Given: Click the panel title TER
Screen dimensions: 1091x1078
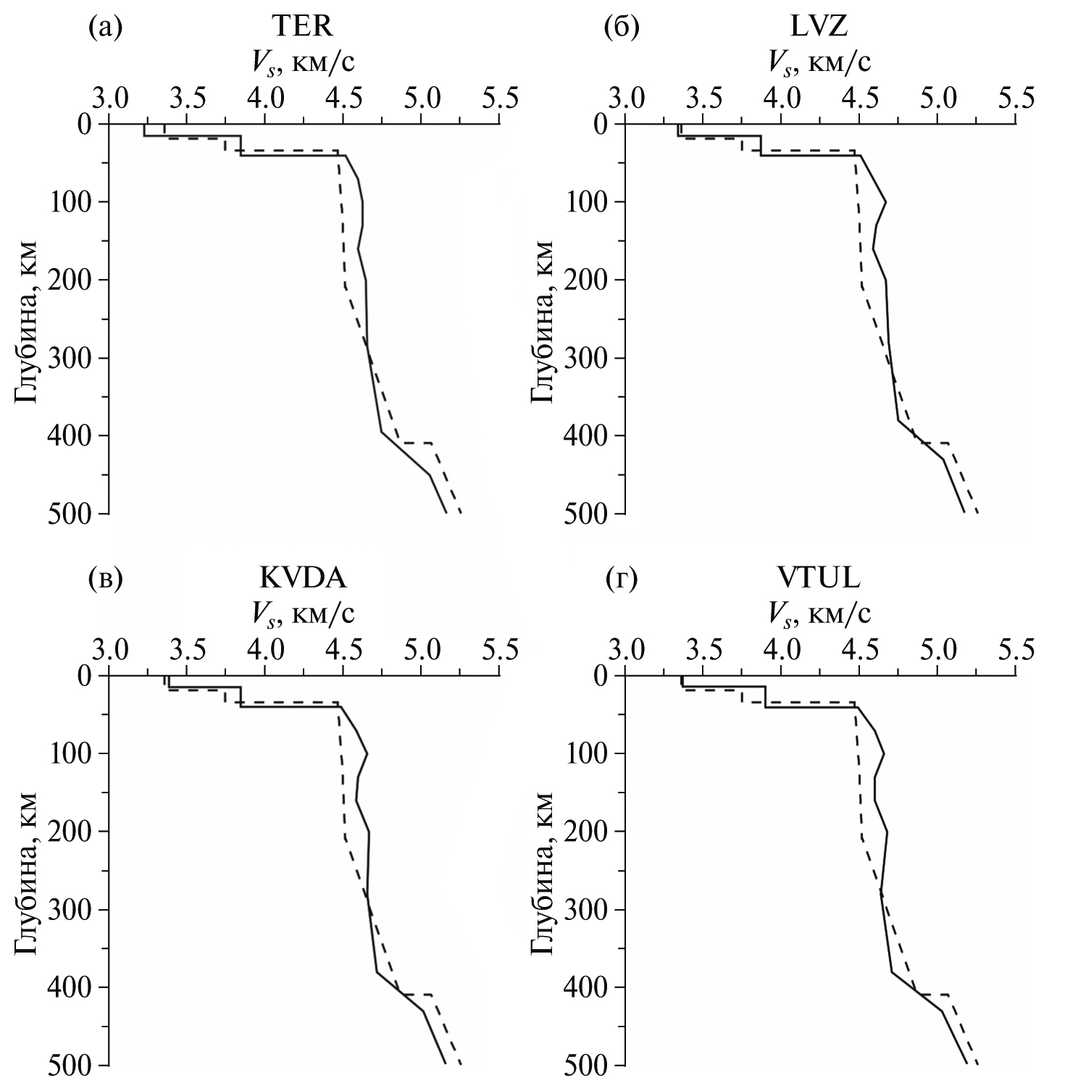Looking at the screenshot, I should pos(303,28).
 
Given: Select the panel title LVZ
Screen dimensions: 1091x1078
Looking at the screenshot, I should pos(819,28).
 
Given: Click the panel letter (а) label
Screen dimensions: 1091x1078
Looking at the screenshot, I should pos(104,28).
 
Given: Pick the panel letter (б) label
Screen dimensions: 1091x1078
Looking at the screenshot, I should pos(622,28).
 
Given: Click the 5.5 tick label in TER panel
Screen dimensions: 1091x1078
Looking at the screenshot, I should pos(499,97).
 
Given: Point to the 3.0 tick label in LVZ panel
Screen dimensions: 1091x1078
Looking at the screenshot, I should pos(627,97).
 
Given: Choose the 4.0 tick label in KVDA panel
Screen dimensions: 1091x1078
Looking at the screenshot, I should pos(265,648).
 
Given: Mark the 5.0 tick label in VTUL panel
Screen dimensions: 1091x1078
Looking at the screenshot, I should pos(937,648).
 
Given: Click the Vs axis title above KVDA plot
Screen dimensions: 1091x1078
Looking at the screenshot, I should pos(303,615).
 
